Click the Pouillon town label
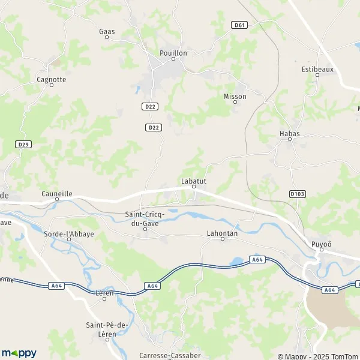173,53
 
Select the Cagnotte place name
51,79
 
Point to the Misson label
235,96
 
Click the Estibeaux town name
316,69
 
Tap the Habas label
290,134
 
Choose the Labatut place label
194,180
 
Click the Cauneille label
57,194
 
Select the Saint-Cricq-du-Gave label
146,218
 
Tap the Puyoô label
322,244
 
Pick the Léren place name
104,293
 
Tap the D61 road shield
239,25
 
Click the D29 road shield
23,145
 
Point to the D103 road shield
297,194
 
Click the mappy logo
19,353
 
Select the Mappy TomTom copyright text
318,355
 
